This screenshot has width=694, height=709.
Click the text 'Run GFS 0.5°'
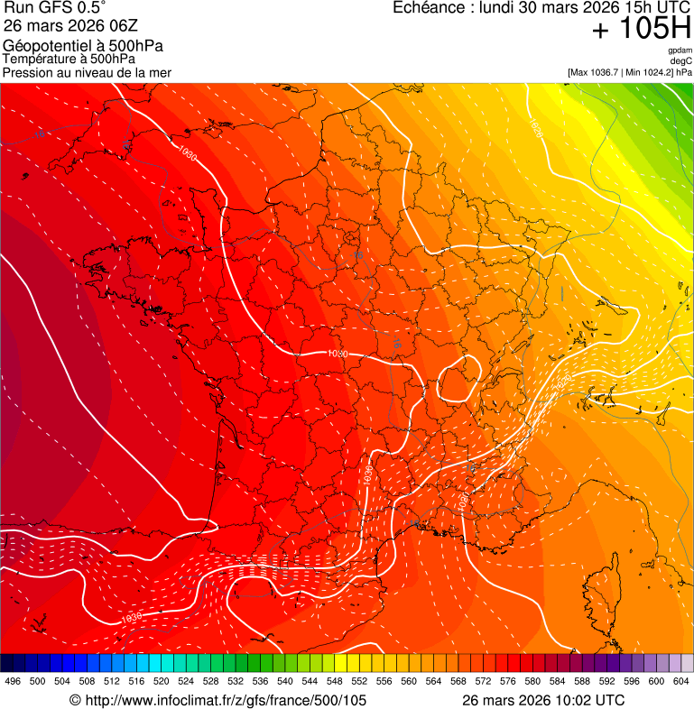54,9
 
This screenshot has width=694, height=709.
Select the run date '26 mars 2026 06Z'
70,26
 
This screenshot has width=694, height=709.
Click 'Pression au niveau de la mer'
87,72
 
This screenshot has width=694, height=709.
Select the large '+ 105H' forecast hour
641,30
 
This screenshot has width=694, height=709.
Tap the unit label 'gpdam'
680,51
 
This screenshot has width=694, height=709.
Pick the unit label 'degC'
681,61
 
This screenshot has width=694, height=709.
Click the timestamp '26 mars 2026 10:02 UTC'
543,700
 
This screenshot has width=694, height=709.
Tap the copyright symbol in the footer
75,700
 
